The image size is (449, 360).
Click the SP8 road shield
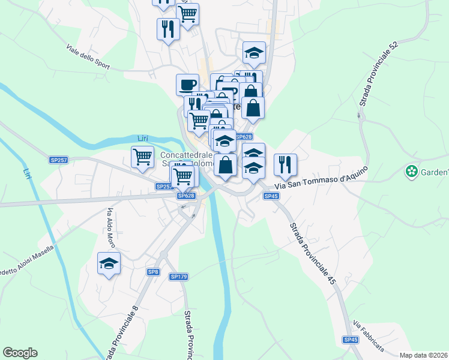click(154, 272)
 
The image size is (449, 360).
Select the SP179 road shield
click(179, 277)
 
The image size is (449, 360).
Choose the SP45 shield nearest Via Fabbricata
click(351, 340)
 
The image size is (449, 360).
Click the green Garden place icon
click(411, 172)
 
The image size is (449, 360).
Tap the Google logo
click(20, 352)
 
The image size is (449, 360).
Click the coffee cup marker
click(187, 84)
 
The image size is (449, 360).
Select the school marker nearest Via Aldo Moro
click(109, 263)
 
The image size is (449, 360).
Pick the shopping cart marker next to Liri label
click(142, 157)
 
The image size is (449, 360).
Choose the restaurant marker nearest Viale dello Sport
click(168, 28)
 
